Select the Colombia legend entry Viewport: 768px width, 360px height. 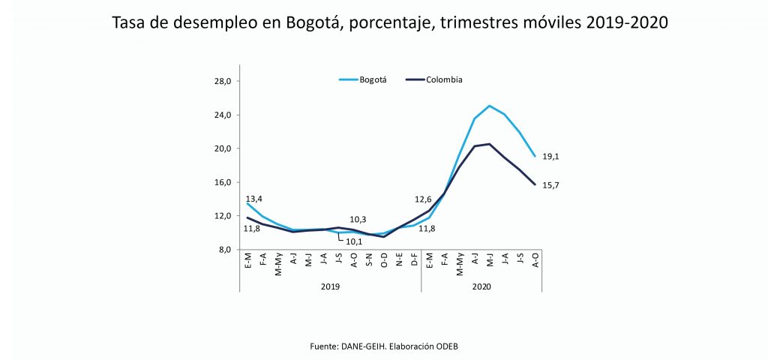(x=444, y=79)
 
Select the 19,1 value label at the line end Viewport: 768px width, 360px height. (x=551, y=157)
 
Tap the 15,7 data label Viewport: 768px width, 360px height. (x=551, y=184)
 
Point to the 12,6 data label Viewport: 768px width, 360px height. (x=423, y=199)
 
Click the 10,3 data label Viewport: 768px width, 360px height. (x=358, y=219)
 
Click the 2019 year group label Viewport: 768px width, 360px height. (x=331, y=286)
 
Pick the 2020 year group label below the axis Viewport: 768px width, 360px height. (x=482, y=286)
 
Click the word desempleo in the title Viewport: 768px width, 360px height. (x=209, y=22)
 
